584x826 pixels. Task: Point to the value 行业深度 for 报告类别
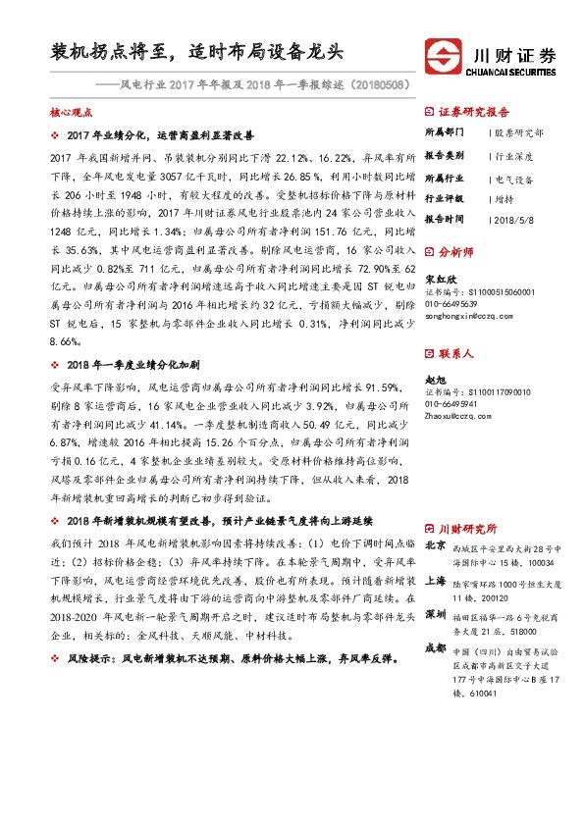pos(514,156)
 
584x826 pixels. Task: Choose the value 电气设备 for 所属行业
pos(514,180)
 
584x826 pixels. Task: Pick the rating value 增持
pos(505,199)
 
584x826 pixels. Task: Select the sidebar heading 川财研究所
pos(467,526)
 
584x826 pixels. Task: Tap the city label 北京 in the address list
pos(436,546)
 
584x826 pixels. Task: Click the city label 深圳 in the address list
pos(436,614)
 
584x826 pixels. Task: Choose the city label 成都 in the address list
pos(436,648)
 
